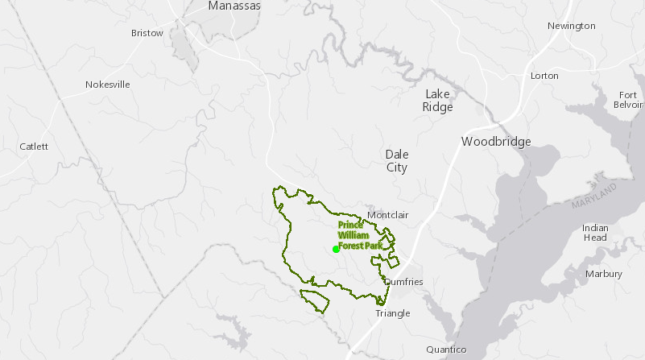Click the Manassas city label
coord(234,6)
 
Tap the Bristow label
coord(147,34)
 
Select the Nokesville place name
coord(107,85)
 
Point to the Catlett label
coord(34,147)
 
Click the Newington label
coord(571,26)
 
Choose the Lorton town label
coord(544,76)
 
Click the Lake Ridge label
coord(439,100)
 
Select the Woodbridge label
coord(496,142)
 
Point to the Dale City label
coord(396,161)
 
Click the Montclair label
coord(388,215)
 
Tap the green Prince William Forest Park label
coord(359,235)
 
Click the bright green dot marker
coord(336,249)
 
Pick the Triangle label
coord(392,313)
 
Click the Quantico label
coord(446,350)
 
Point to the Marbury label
coord(604,274)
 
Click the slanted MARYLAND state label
coord(594,197)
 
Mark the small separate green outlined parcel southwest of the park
coord(316,300)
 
